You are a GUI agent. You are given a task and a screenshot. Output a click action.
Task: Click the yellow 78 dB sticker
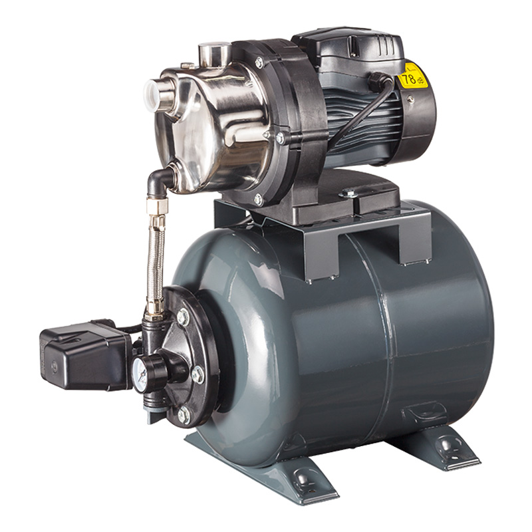[x=413, y=76]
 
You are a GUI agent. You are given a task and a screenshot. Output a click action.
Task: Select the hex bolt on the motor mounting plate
[x=348, y=193]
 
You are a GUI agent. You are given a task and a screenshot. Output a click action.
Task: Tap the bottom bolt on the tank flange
[x=184, y=415]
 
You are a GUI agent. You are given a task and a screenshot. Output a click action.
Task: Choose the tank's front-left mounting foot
[x=293, y=475]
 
